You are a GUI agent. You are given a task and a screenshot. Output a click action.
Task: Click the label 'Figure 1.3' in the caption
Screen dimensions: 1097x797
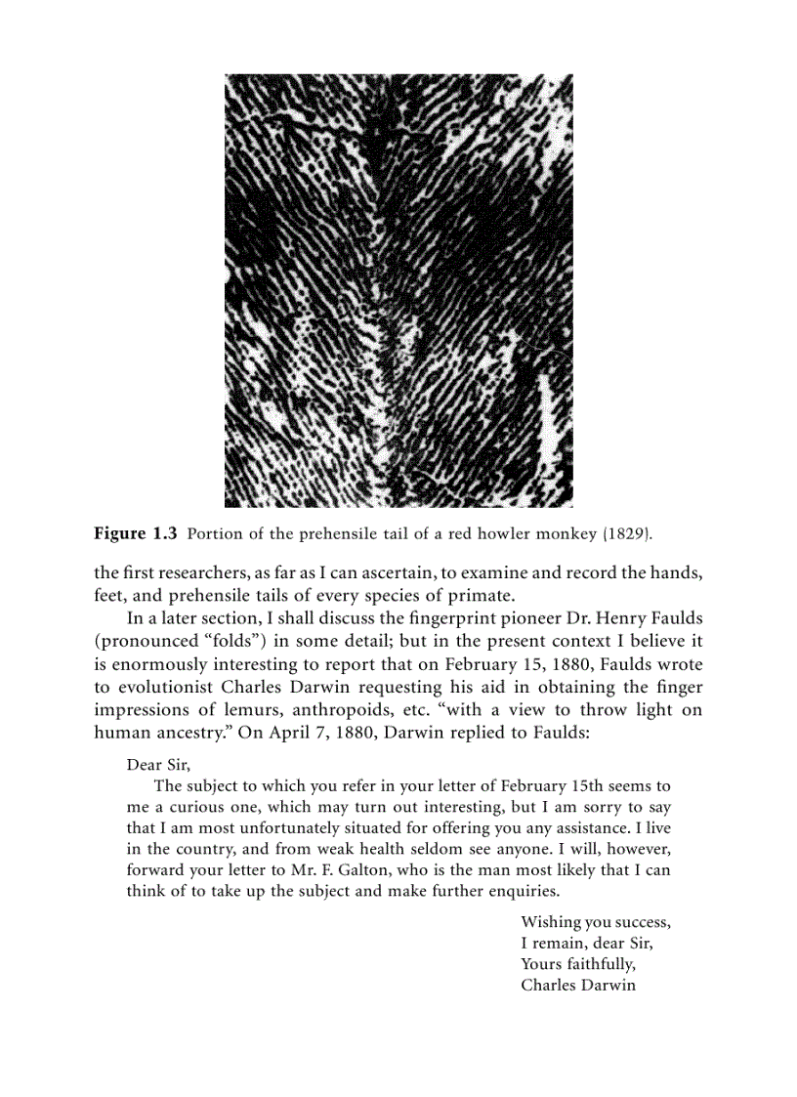pos(135,534)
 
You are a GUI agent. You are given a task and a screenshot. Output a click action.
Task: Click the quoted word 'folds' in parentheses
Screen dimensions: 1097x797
pos(218,641)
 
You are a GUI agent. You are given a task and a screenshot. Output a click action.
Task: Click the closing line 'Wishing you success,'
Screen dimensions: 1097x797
pos(596,922)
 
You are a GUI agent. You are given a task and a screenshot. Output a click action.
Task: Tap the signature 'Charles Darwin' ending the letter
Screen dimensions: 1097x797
pos(578,985)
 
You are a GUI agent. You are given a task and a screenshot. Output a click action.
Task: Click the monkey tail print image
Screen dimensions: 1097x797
pos(398,290)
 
